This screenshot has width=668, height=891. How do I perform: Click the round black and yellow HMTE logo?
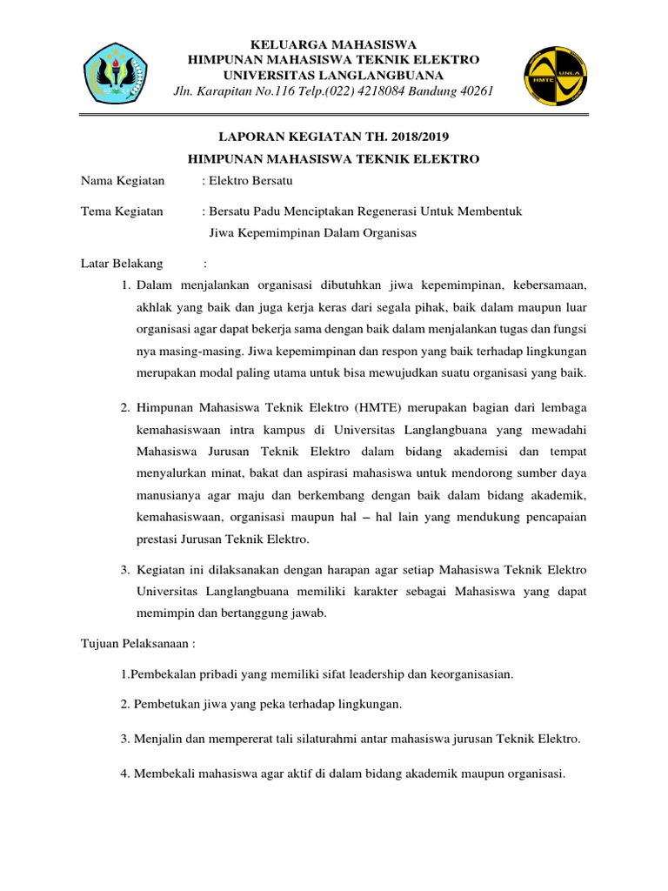point(553,76)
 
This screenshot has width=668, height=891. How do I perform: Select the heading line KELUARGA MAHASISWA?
point(334,44)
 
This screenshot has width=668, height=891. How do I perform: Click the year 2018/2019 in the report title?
point(417,136)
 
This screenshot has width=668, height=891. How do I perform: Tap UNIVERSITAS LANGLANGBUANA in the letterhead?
point(335,76)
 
